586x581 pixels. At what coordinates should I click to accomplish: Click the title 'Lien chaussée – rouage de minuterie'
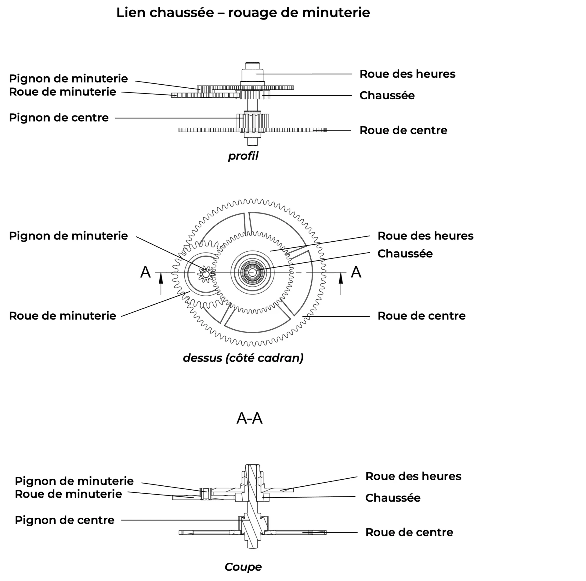coord(243,13)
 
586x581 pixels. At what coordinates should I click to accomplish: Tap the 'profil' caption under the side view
coord(243,156)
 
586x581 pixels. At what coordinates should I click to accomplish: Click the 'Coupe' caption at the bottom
coord(243,567)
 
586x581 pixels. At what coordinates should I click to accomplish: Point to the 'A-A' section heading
coord(249,418)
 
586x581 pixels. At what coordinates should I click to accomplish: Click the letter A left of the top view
coord(145,272)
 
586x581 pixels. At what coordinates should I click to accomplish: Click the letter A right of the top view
coord(356,272)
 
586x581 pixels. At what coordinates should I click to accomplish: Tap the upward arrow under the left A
coord(161,284)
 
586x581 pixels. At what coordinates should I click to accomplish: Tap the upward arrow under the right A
coord(341,284)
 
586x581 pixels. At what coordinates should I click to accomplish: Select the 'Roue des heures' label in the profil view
coord(407,74)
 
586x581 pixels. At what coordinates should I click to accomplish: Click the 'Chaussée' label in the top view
coord(405,254)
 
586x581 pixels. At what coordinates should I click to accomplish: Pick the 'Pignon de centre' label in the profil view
coord(59,118)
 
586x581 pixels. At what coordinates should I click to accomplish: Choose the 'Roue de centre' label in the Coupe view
coord(409,532)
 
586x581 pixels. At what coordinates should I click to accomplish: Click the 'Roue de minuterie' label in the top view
coord(63,316)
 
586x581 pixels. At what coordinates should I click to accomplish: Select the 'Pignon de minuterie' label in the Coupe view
coord(74,481)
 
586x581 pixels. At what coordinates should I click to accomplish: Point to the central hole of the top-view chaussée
coord(252,272)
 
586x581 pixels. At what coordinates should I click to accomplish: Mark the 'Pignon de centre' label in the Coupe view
coord(64,520)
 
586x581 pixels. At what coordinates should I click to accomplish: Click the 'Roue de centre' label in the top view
coord(421,316)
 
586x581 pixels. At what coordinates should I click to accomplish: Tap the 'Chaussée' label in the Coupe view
coord(393,498)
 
